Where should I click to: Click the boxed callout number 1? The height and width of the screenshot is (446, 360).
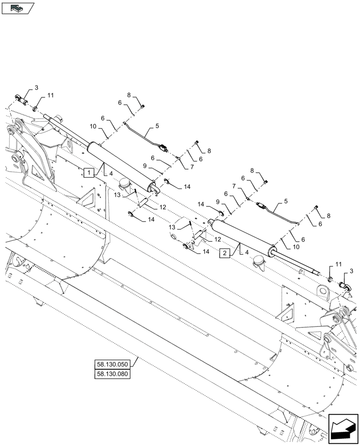tap(89, 172)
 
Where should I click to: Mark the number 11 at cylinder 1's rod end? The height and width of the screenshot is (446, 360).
tap(50, 95)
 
